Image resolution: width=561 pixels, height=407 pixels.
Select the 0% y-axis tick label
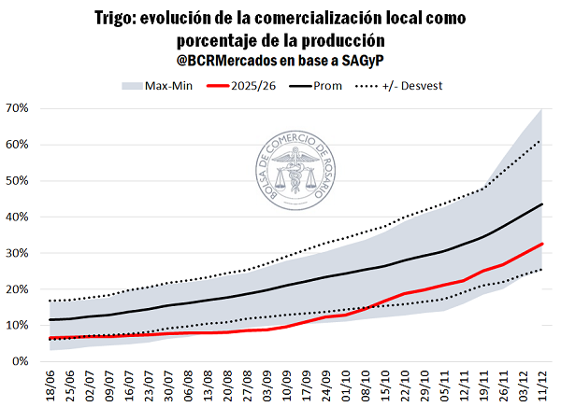point(22,361)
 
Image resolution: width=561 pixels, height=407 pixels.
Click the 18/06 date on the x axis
point(50,384)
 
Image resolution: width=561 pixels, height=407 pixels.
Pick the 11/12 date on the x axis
point(542,384)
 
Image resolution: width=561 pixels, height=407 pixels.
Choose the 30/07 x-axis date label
point(168,384)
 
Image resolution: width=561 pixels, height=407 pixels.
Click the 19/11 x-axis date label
point(483,384)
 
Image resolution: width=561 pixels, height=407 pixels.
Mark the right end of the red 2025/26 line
point(542,244)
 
